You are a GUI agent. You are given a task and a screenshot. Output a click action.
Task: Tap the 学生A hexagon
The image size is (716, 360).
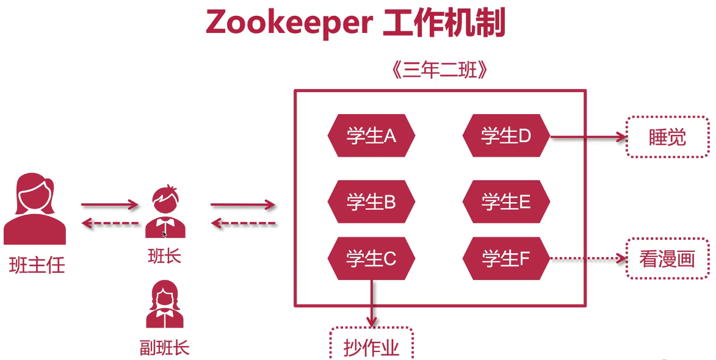[371, 135]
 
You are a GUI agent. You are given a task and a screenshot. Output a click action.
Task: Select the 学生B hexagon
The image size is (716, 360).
[371, 201]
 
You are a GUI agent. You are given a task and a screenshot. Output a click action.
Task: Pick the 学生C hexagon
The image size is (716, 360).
[371, 259]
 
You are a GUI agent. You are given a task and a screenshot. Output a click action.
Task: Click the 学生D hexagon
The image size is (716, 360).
[506, 135]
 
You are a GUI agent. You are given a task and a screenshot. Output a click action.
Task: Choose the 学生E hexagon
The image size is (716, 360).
[506, 201]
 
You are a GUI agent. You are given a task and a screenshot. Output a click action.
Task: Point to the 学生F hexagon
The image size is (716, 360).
[506, 259]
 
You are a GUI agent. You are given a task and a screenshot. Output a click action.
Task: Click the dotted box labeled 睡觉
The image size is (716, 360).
[668, 137]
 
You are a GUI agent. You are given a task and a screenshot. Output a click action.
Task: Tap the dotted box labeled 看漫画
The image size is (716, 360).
[668, 259]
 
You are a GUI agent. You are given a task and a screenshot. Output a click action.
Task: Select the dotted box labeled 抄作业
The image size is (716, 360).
[372, 347]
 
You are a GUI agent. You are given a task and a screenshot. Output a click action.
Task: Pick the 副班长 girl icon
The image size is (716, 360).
[164, 304]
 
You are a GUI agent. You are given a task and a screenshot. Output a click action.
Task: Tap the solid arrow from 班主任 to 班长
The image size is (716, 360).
[110, 205]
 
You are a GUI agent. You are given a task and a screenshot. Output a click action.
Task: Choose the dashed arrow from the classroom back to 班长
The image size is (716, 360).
[244, 224]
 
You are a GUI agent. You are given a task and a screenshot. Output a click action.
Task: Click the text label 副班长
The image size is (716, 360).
[164, 348]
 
